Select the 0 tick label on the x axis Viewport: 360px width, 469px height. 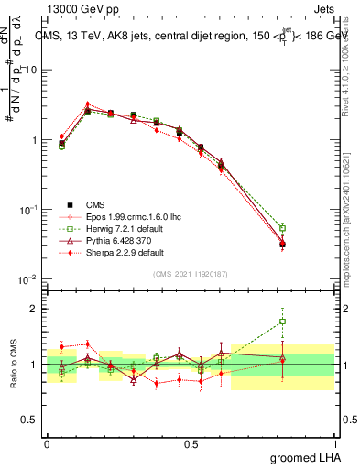click(47, 442)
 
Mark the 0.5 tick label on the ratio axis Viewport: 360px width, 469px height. click(30, 420)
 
